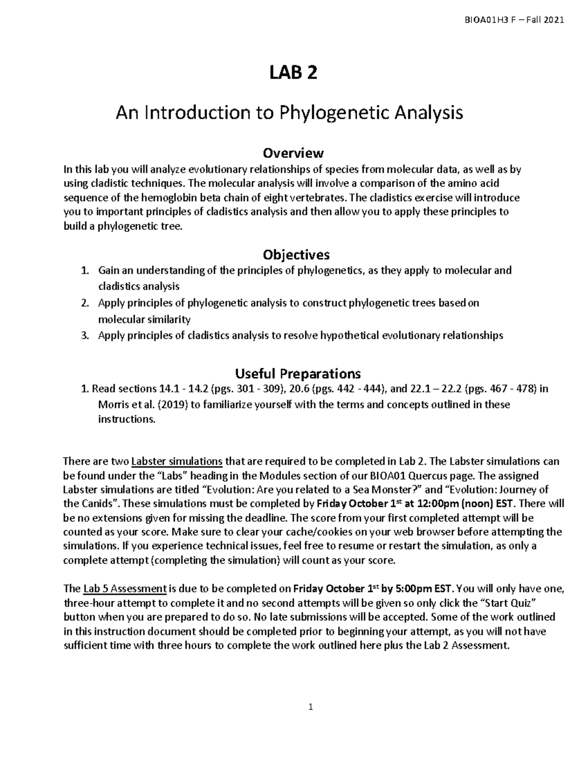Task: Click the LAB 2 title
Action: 293,73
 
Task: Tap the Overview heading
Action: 293,153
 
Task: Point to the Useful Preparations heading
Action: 298,374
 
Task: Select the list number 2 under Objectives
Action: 85,303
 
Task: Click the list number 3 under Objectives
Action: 85,336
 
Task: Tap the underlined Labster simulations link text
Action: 177,462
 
